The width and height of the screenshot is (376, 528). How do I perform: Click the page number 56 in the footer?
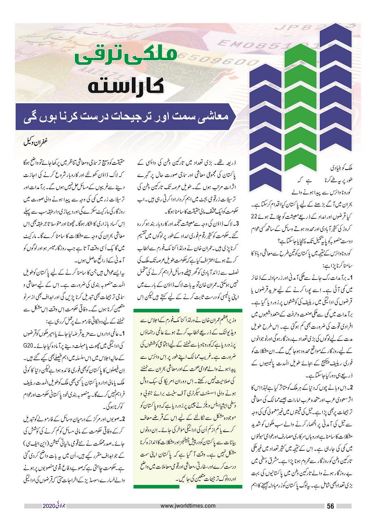330,506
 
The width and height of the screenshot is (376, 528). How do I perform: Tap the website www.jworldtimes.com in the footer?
188,506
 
